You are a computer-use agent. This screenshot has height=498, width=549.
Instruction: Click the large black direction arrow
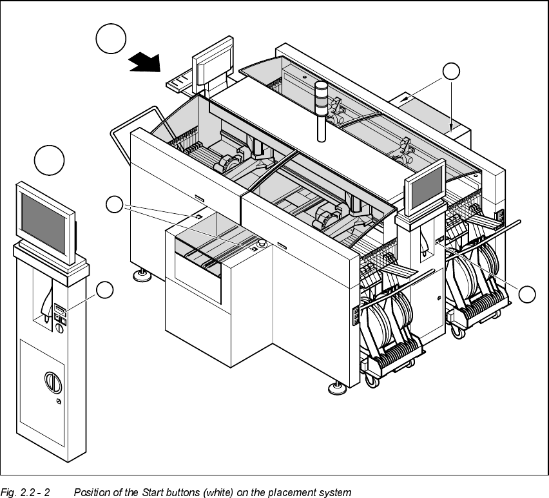click(x=146, y=62)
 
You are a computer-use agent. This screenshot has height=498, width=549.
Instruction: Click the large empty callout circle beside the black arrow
click(x=110, y=40)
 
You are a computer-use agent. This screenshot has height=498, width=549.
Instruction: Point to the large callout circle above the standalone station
click(x=50, y=161)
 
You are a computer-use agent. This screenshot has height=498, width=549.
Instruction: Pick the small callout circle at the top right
click(x=452, y=72)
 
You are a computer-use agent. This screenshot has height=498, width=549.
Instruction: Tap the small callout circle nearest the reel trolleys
click(x=527, y=295)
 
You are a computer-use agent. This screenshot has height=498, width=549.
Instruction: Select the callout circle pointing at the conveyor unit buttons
click(x=114, y=205)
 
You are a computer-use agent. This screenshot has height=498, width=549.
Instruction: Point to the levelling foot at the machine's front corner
click(x=336, y=388)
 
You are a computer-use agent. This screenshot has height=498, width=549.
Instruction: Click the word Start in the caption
click(x=185, y=493)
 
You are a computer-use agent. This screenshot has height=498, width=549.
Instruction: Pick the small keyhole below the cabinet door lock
click(x=59, y=401)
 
